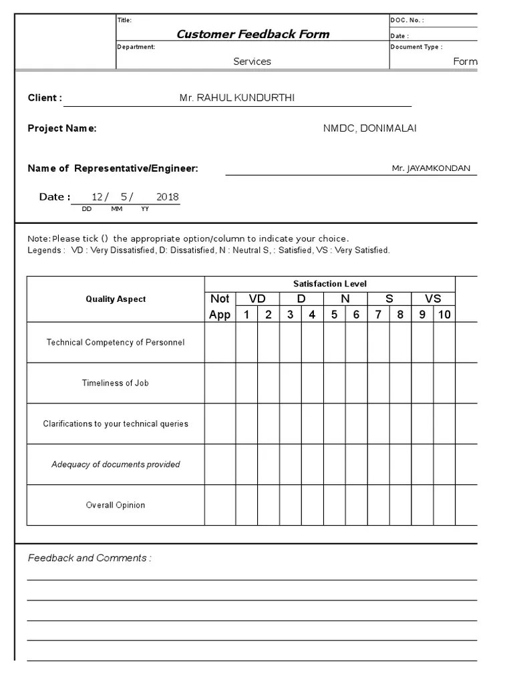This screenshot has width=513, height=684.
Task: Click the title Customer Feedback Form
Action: tap(252, 34)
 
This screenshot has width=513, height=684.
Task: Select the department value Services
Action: tap(252, 61)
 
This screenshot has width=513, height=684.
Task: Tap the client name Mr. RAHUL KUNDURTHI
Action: tap(236, 98)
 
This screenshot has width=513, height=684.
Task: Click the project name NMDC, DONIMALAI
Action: tap(369, 128)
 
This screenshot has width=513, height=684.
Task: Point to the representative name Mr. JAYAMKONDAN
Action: tap(431, 168)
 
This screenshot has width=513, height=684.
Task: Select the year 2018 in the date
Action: tap(167, 197)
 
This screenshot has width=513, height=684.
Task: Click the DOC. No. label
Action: tap(407, 20)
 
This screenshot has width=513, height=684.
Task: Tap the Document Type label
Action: tap(416, 47)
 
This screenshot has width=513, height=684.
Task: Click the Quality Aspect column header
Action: tap(116, 299)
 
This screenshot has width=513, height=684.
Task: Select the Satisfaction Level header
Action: tap(330, 284)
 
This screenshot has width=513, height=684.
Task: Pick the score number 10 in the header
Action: tap(444, 315)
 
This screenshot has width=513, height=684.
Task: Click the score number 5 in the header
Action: tap(334, 315)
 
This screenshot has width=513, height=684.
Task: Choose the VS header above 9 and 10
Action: tap(433, 299)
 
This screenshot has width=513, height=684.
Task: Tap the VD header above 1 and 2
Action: tap(257, 299)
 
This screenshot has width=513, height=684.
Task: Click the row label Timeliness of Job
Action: tap(116, 383)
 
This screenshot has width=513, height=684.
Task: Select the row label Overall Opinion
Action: tap(116, 505)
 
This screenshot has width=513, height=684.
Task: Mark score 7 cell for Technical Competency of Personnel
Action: tap(378, 343)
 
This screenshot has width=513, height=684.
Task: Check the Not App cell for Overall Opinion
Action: tap(220, 505)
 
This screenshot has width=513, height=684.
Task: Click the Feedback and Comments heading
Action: tap(90, 558)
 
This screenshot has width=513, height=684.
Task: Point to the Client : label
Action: tap(45, 98)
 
